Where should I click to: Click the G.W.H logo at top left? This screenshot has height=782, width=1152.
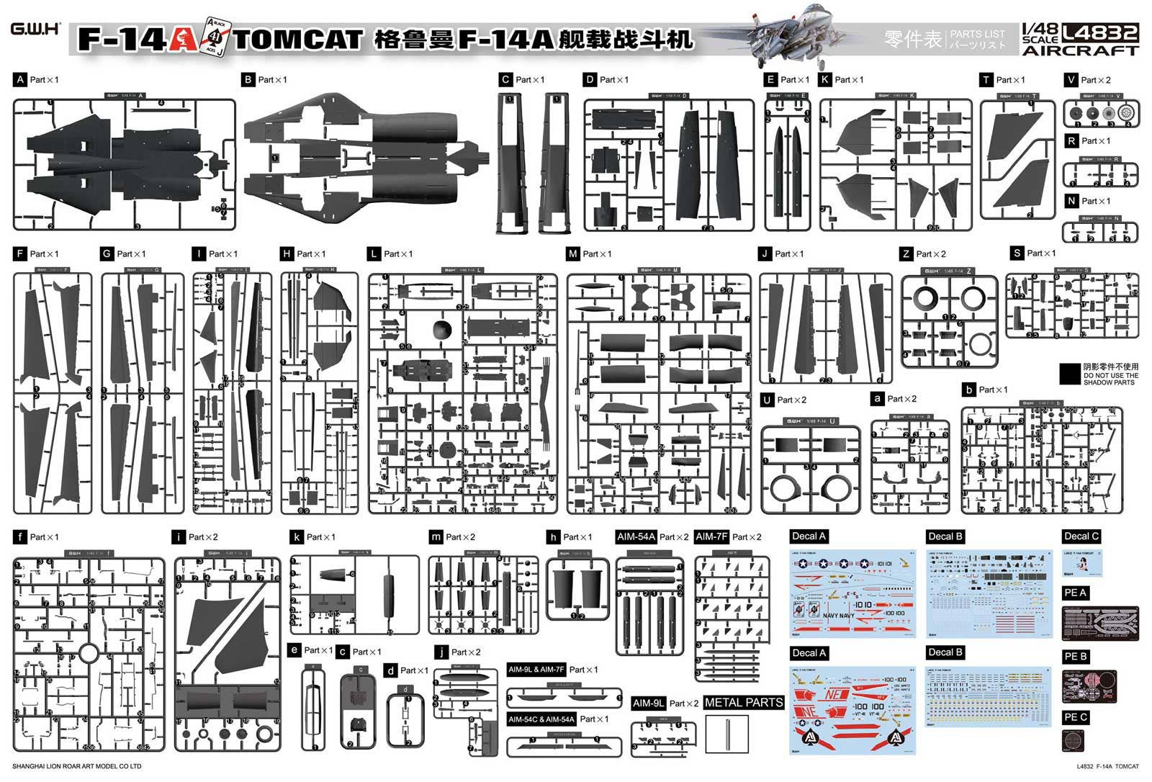[35, 30]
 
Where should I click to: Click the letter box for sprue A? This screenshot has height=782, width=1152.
[19, 80]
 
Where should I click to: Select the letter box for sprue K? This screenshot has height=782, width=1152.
[825, 80]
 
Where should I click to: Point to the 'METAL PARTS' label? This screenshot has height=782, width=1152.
[744, 702]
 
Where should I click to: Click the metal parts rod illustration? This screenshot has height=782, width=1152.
[727, 734]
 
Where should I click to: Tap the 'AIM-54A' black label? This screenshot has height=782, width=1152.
[636, 536]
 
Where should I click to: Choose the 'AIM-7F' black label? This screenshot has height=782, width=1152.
[711, 536]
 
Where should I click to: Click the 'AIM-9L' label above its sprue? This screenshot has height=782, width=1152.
[648, 703]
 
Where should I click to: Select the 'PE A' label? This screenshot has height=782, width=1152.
[1075, 593]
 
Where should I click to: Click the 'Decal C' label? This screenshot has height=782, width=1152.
[1081, 536]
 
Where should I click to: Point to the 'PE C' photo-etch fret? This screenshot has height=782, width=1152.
[1074, 740]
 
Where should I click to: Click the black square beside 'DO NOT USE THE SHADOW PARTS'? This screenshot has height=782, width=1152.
[1070, 374]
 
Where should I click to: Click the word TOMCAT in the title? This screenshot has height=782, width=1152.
[298, 40]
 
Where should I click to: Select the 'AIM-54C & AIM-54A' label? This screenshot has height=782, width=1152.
[541, 719]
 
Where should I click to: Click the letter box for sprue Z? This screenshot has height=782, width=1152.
[906, 253]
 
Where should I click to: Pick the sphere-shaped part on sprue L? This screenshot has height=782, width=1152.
[442, 331]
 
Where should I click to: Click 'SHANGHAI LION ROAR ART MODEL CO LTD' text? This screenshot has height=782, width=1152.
[77, 766]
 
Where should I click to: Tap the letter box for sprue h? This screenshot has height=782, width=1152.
[553, 537]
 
